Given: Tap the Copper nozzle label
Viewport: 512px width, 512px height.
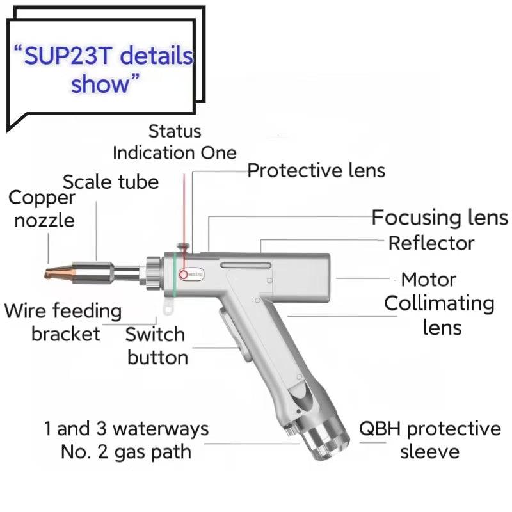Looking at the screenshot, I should [x=42, y=209].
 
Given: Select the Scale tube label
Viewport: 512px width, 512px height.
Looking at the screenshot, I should [x=111, y=182].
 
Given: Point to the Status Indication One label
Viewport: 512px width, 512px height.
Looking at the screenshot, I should [x=174, y=142].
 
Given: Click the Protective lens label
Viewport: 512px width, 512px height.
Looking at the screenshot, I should [x=316, y=170].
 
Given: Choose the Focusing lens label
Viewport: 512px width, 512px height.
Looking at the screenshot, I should [x=440, y=218].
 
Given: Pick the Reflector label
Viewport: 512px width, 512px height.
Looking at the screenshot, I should [x=431, y=243].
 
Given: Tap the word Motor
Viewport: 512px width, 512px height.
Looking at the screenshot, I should [x=428, y=280].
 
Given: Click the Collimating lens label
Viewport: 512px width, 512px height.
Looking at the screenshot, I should [x=440, y=314].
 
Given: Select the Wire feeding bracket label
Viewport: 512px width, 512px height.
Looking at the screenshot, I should [x=63, y=323].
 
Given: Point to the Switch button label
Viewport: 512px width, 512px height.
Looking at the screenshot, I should [x=156, y=346].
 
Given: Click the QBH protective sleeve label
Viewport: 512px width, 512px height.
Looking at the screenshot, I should [x=429, y=440].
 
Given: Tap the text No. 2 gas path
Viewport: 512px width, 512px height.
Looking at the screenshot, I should [x=126, y=451].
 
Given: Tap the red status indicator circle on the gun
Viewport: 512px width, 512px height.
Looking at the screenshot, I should [x=184, y=275].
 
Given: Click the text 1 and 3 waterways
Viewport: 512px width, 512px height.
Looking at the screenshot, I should [x=126, y=428].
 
